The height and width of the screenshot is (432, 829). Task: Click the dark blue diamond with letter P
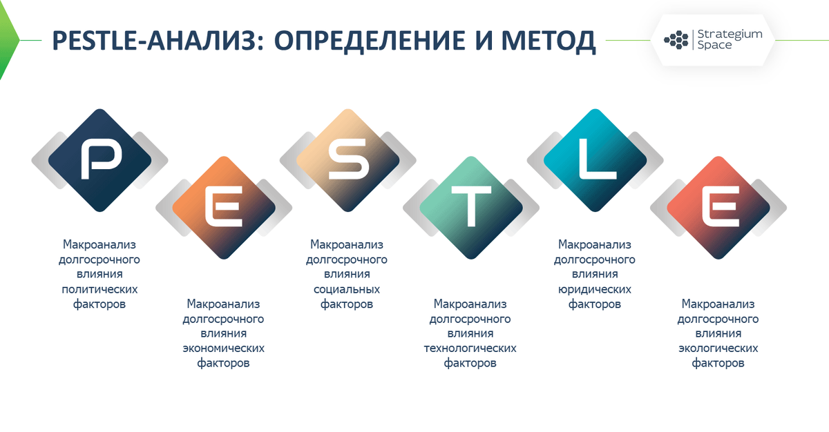tap(99, 159)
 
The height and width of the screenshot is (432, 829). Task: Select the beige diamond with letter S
tap(347, 159)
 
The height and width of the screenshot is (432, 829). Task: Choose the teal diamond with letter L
tap(594, 159)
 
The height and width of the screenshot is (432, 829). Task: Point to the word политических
tap(99, 289)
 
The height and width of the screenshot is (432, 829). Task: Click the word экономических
tap(223, 348)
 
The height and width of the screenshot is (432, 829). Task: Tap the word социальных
tap(347, 289)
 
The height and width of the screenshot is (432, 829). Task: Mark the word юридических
tap(594, 289)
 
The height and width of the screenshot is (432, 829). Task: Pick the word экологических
tap(718, 348)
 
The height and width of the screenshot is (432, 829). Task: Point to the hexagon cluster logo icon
tap(676, 39)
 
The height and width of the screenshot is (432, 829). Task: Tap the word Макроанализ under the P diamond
tap(99, 245)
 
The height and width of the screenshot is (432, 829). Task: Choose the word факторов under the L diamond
tap(594, 304)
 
